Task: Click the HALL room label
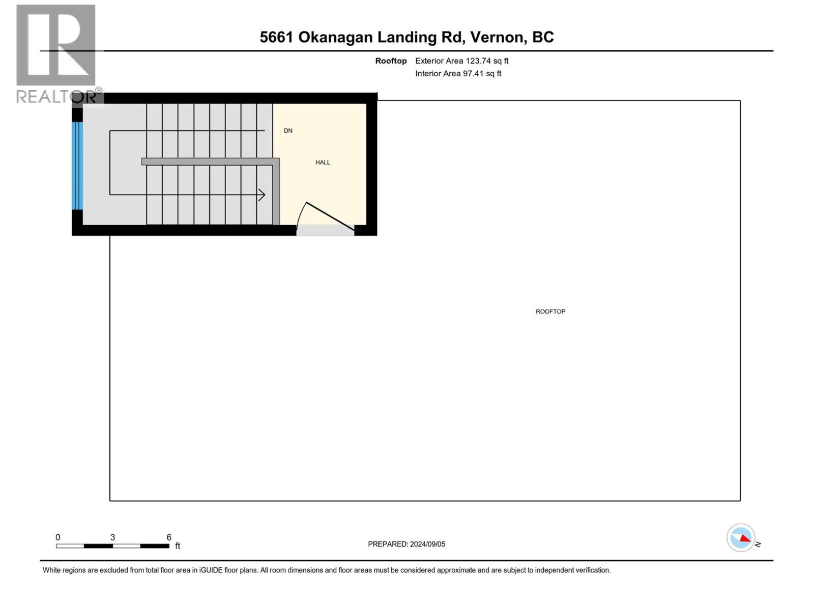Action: click(x=323, y=163)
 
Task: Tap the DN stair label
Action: click(x=288, y=131)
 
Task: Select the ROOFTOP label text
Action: click(x=550, y=312)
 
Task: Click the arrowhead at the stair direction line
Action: click(x=262, y=195)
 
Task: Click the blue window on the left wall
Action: click(x=77, y=166)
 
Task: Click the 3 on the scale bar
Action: click(x=112, y=537)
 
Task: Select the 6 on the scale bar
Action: click(x=169, y=537)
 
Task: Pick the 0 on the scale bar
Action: click(x=58, y=537)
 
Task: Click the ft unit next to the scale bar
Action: click(x=178, y=546)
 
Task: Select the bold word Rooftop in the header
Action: click(x=391, y=61)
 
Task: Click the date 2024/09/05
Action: click(x=427, y=544)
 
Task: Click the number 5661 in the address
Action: click(x=276, y=37)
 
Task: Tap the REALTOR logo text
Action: click(x=57, y=97)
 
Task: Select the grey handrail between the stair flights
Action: click(x=210, y=162)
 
